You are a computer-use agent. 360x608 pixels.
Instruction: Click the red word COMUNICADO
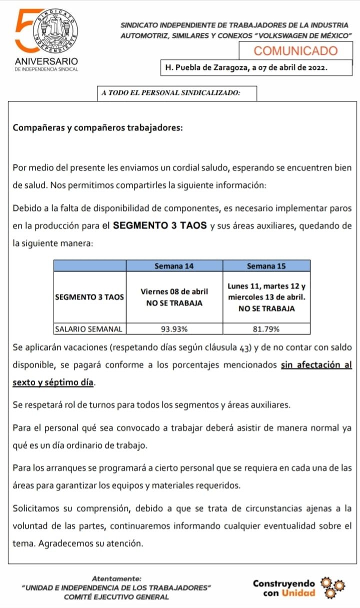pos(296,50)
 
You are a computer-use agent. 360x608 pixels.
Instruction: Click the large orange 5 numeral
pos(24,31)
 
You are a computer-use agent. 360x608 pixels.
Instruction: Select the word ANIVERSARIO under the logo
pos(46,61)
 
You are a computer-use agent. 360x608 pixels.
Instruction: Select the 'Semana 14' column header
pos(174,266)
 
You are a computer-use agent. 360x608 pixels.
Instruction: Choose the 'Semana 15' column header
pos(266,266)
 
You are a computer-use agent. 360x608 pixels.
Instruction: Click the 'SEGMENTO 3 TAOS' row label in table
pos(89,297)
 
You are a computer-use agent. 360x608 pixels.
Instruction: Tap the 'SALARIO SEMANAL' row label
pos(89,329)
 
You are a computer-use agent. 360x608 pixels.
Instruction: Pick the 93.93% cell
pos(174,329)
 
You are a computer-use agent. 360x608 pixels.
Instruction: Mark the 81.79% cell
pos(266,329)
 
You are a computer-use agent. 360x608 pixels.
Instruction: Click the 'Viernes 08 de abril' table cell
pos(174,297)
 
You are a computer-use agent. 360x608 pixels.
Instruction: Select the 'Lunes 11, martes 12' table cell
pos(266,297)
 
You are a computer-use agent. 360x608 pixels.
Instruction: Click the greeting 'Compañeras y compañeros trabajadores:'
pos(98,127)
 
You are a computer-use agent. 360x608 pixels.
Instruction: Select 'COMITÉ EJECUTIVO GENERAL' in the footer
pos(116,596)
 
